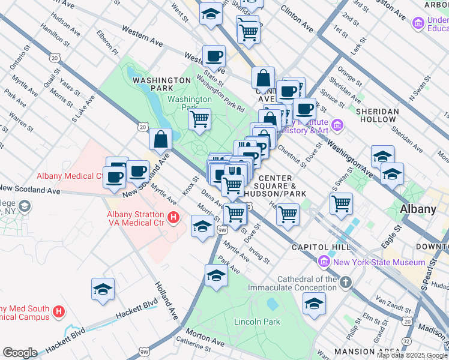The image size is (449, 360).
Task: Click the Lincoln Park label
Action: tap(257, 322)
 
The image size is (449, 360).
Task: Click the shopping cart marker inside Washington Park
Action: tap(199, 118)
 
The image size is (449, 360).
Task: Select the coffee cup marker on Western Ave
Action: tap(214, 56)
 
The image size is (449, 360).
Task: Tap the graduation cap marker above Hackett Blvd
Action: tap(103, 289)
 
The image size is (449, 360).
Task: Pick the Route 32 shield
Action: tap(406, 341)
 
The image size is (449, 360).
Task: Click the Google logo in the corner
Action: tap(20, 353)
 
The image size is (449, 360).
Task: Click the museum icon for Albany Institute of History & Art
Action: tap(337, 125)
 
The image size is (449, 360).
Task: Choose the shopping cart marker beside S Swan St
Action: tap(341, 202)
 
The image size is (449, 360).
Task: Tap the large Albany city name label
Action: tap(418, 209)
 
